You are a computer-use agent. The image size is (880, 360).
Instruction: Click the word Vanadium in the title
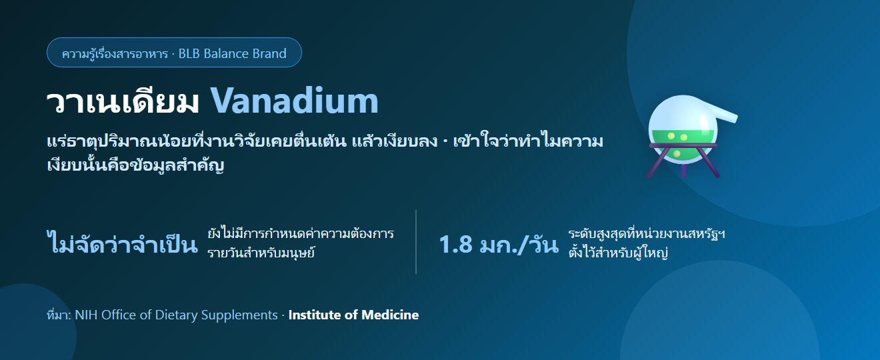295,101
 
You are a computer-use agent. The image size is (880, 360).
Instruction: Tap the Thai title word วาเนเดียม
123,102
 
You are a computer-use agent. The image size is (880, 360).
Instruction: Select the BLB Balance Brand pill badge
174,53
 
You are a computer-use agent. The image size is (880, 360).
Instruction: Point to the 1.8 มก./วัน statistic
499,245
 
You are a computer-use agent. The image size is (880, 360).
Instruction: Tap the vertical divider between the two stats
416,242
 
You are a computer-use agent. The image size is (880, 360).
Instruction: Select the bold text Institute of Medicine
353,315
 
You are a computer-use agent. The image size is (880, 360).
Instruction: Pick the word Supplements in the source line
239,315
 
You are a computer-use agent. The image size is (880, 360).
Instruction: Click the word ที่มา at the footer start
58,315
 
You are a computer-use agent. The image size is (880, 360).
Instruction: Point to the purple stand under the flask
683,161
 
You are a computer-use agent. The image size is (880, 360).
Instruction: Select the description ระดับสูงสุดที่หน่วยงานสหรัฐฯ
647,234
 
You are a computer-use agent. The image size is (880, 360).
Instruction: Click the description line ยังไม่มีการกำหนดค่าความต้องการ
301,234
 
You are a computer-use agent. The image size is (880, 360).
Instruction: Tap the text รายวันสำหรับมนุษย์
261,253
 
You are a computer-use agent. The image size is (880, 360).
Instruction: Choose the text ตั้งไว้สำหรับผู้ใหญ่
619,252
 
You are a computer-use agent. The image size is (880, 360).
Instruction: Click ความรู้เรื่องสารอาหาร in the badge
115,53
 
